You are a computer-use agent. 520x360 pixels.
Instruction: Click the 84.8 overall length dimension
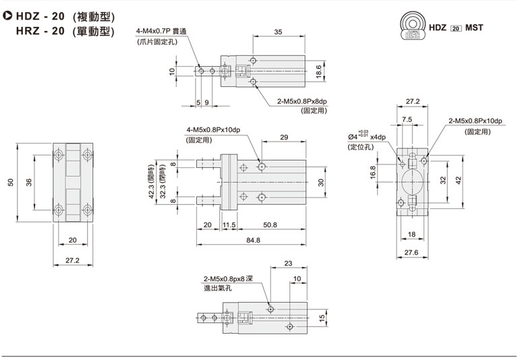click(253, 240)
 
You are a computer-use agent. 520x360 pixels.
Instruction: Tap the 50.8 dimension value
click(270, 224)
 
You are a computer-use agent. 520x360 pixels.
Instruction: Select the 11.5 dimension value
click(229, 225)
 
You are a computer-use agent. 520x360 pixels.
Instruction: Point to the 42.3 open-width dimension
click(152, 181)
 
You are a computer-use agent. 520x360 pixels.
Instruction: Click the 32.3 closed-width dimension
click(163, 181)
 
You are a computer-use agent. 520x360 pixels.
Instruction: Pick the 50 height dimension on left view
click(11, 182)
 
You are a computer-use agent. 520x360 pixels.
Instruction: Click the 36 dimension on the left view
click(29, 182)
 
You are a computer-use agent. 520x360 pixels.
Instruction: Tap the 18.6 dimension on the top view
click(318, 71)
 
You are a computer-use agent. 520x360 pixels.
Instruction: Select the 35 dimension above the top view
click(278, 32)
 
